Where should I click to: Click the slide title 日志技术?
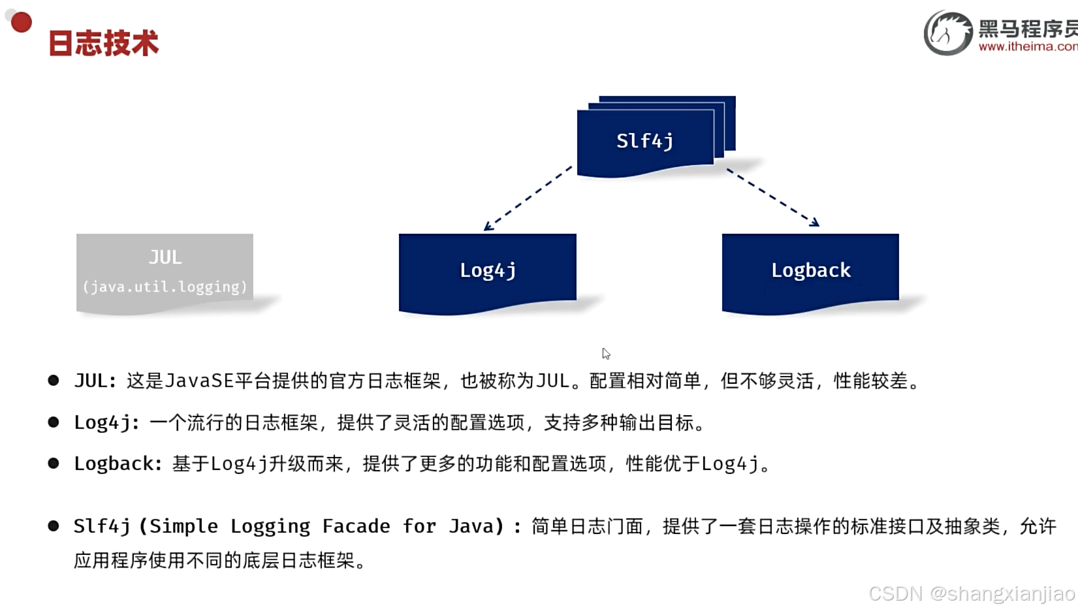[103, 44]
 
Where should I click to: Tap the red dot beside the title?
[22, 22]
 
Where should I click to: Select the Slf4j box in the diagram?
[645, 141]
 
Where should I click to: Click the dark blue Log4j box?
[488, 270]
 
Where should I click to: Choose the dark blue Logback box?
[810, 270]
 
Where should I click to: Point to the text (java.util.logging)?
[165, 287]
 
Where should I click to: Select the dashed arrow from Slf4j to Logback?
[772, 197]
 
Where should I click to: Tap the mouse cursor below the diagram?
[606, 353]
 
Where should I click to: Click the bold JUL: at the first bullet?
[95, 381]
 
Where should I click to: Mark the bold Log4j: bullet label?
[106, 422]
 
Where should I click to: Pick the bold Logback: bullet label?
[118, 464]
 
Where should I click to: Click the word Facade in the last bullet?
[356, 526]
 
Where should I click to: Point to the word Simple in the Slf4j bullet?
[183, 526]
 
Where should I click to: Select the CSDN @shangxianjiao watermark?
[971, 593]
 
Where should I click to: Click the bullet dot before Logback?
[54, 464]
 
